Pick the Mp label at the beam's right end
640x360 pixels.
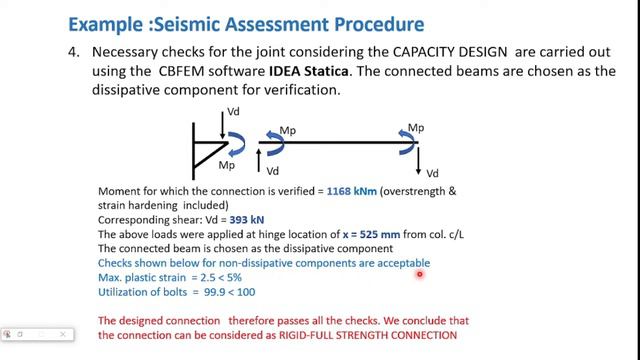pos(414,128)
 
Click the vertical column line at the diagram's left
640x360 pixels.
pos(194,146)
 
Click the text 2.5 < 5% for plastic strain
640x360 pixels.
pos(217,277)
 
